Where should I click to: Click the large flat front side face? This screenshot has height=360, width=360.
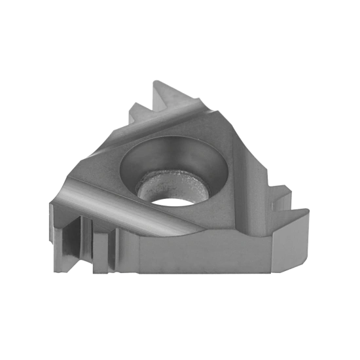click(196, 252)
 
